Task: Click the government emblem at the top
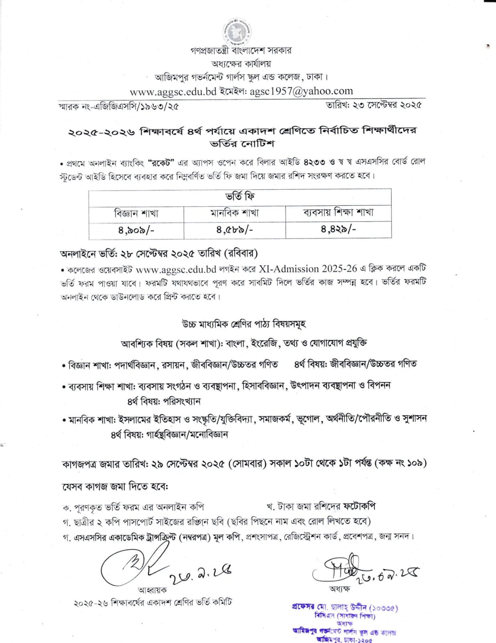[x=238, y=32]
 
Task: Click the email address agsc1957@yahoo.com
[x=301, y=92]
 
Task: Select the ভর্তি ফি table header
[x=240, y=197]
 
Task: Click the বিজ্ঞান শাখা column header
[x=136, y=213]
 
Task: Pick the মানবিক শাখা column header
[x=235, y=213]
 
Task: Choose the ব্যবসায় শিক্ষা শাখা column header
[x=338, y=212]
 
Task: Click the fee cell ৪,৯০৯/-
[x=136, y=230]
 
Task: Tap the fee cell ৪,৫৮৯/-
[x=235, y=230]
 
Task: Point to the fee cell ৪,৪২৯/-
[x=338, y=229]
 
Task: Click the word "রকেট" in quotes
[x=162, y=163]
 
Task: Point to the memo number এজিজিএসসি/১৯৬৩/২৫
[x=136, y=106]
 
